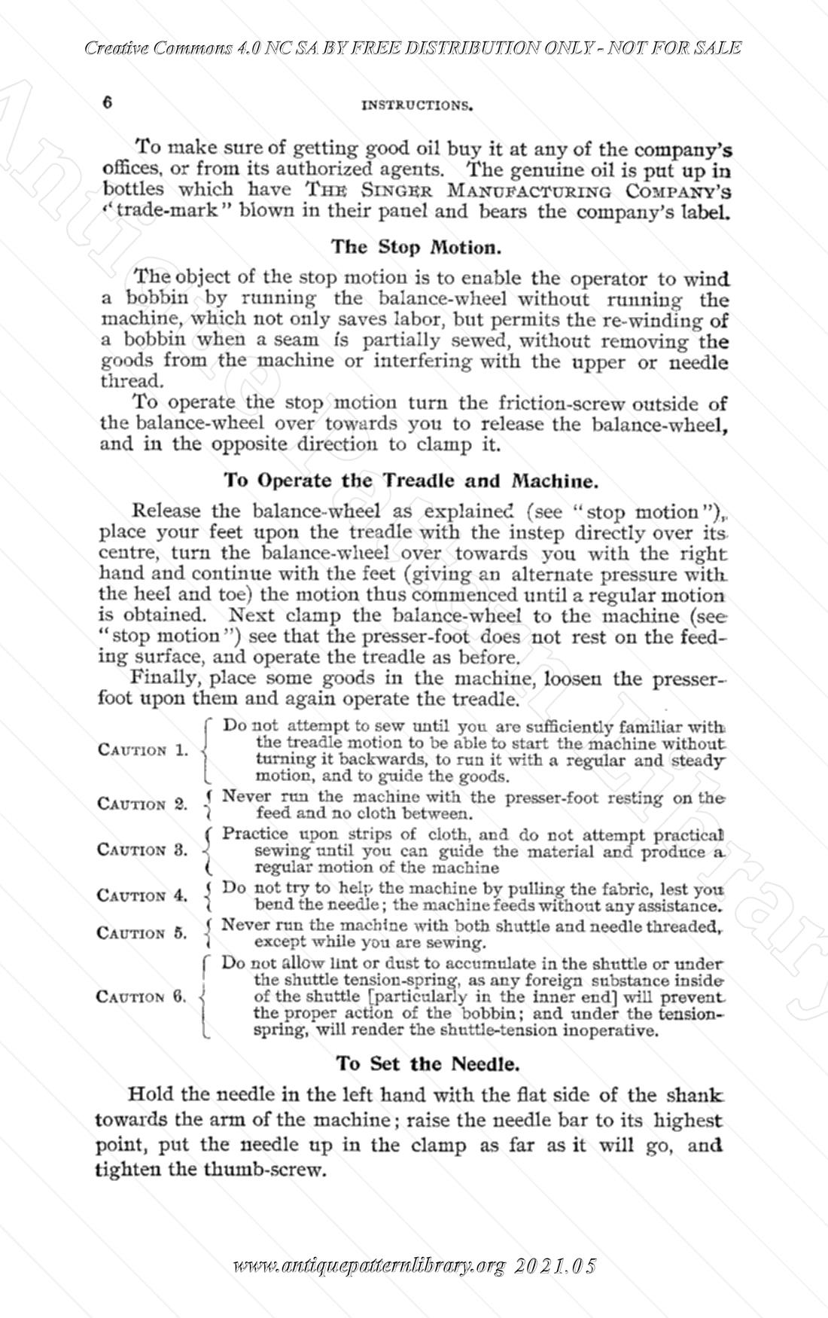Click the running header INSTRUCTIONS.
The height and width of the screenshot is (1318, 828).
(x=417, y=105)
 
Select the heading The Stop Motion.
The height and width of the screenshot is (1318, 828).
(x=415, y=246)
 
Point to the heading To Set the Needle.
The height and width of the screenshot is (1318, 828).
(x=428, y=1063)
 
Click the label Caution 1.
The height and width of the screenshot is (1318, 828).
(x=143, y=750)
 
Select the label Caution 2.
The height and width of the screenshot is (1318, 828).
(x=143, y=804)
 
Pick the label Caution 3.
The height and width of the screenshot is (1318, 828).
(x=143, y=850)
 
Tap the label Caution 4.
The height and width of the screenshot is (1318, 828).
(x=143, y=895)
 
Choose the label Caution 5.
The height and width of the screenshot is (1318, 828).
(x=143, y=933)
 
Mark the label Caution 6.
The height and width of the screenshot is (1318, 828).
(x=143, y=996)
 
